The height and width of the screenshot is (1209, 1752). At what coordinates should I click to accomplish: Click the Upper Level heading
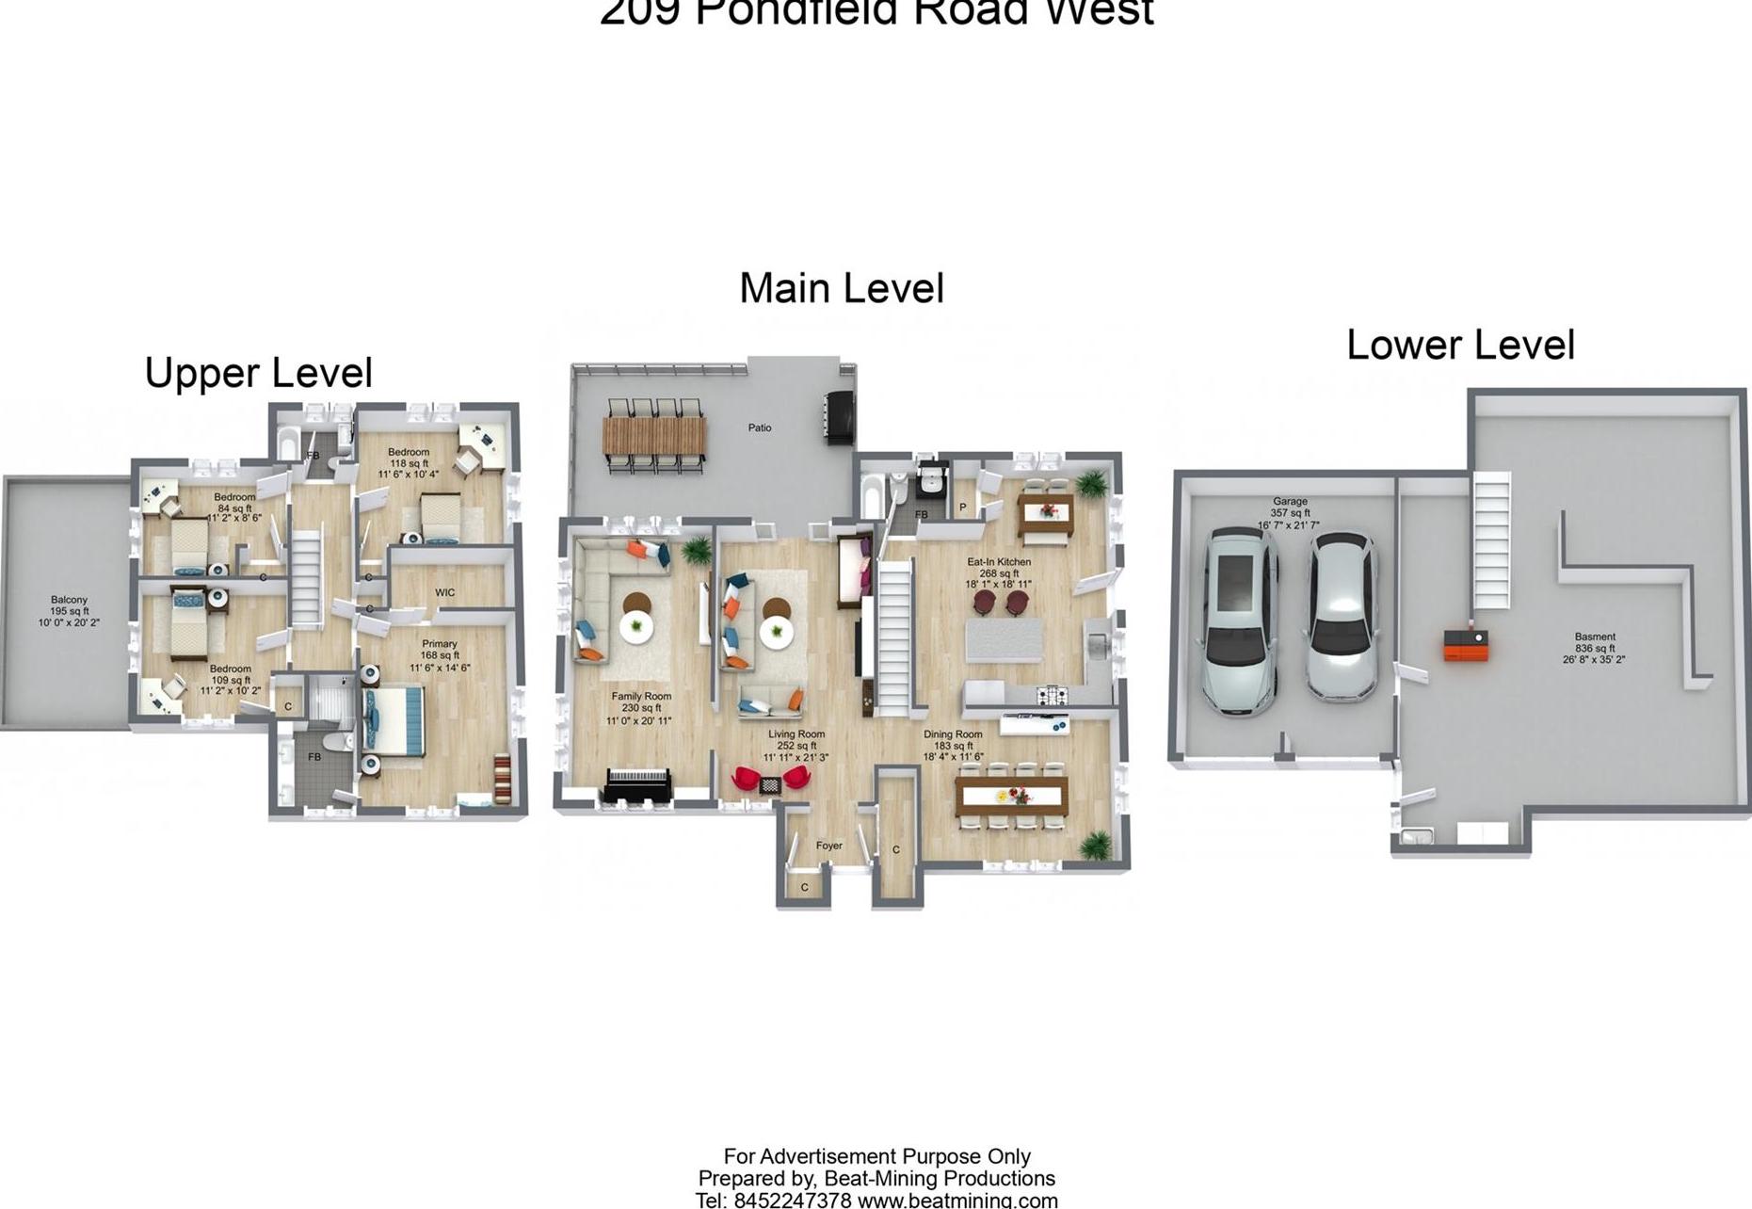click(259, 373)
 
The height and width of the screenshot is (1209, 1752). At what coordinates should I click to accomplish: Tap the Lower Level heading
click(1460, 345)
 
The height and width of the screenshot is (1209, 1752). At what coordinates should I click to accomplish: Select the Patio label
click(760, 427)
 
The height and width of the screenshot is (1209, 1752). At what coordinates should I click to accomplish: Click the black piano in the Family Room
click(637, 786)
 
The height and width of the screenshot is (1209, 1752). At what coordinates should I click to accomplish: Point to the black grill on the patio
click(840, 416)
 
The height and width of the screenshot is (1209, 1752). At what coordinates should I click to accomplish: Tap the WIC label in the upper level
click(445, 592)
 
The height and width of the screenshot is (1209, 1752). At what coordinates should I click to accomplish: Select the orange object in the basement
click(1467, 647)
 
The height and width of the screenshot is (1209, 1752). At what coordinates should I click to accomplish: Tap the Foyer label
click(828, 846)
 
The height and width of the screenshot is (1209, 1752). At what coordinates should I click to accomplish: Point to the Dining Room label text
click(953, 734)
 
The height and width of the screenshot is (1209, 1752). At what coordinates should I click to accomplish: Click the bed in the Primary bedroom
click(394, 721)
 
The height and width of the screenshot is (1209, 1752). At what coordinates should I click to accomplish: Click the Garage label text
click(1290, 502)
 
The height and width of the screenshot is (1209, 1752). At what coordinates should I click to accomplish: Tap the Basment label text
click(1594, 637)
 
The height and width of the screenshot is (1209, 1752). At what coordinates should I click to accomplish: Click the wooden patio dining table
click(654, 435)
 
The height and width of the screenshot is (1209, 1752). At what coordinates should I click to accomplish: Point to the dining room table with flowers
click(1011, 796)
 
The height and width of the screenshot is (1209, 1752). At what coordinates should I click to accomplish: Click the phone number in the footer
click(792, 1201)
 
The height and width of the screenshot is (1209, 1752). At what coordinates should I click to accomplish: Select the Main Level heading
click(841, 288)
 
